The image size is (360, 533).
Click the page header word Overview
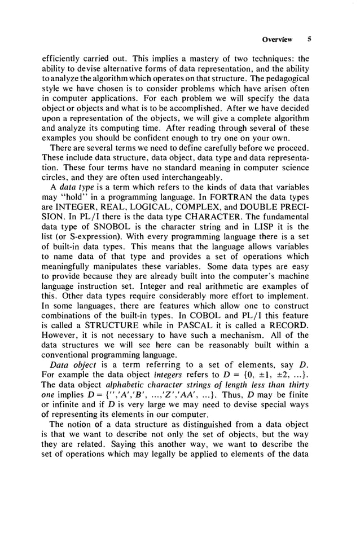point(278,39)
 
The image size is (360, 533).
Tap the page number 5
point(309,39)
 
